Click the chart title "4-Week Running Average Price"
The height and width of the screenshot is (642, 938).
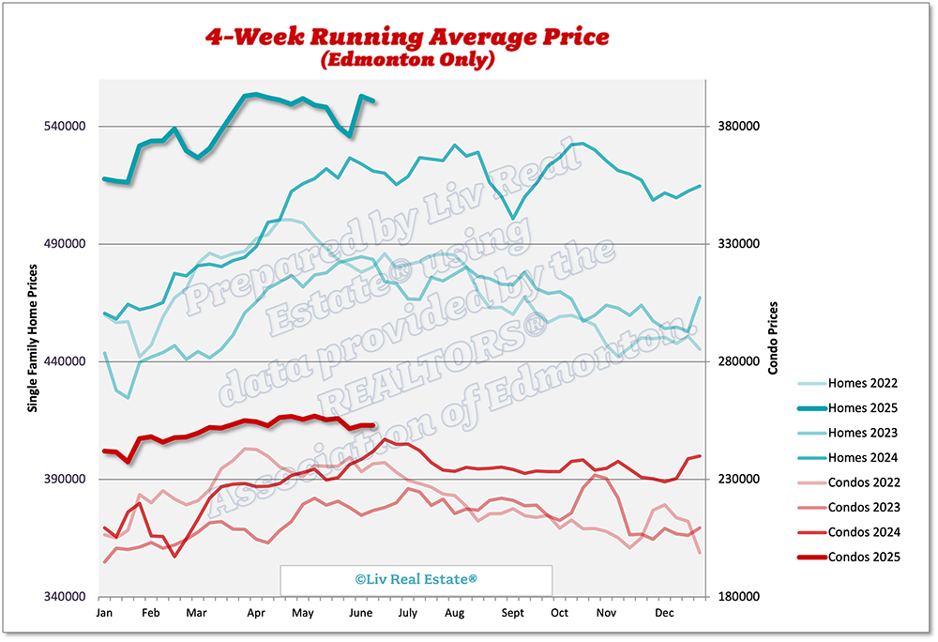pos(408,37)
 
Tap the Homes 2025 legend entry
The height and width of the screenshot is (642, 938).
pos(848,408)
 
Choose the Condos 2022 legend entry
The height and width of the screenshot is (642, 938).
pos(848,483)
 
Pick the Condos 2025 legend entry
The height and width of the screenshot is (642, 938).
pos(848,558)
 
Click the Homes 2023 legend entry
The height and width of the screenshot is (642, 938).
pos(848,434)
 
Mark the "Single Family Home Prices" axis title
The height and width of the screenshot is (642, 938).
pos(33,338)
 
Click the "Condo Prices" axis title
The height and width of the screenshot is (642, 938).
pos(773,338)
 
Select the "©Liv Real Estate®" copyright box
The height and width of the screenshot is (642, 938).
pos(416,580)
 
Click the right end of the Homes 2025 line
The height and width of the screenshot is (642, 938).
pos(374,100)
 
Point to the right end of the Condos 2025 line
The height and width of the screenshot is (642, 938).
pos(374,425)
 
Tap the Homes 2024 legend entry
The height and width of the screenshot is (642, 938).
pos(848,458)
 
